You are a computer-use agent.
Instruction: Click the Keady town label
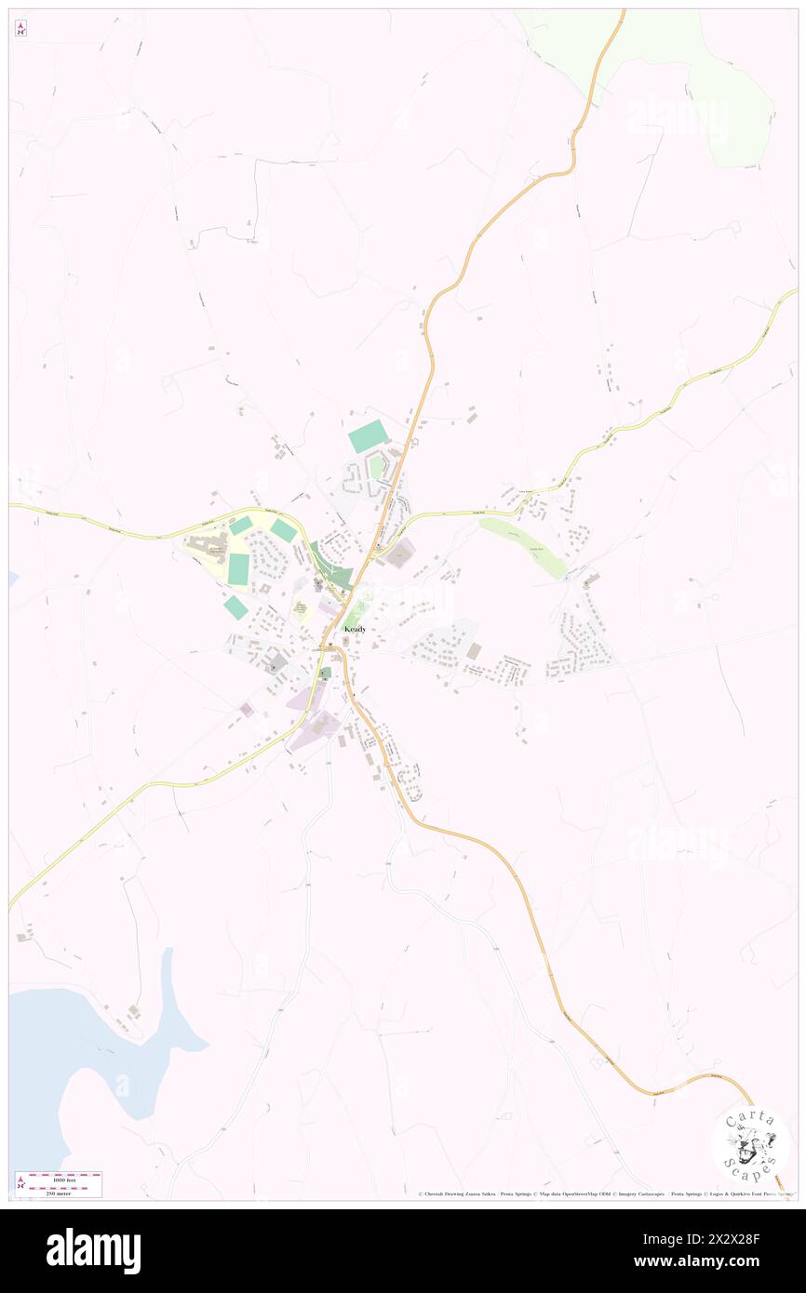(x=355, y=630)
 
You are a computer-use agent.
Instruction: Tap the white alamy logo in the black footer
(x=93, y=1251)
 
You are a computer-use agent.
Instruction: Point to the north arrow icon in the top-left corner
(x=20, y=29)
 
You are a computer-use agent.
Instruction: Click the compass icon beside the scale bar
(x=20, y=1182)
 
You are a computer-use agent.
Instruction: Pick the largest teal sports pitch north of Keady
(x=369, y=436)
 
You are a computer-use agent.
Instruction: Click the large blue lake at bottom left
(x=84, y=1051)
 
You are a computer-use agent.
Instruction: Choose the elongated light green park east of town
(x=524, y=547)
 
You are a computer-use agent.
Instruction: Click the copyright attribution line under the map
(x=605, y=1194)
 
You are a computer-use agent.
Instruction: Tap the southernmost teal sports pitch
(x=235, y=607)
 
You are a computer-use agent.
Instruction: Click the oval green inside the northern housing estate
(x=376, y=467)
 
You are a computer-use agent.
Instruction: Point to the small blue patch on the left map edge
(x=13, y=579)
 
